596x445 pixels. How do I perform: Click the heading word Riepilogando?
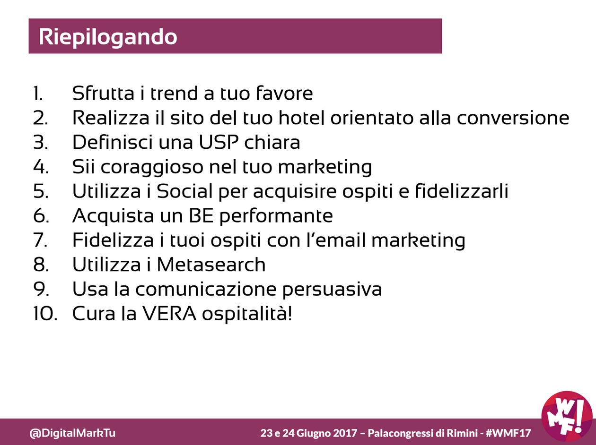tap(108, 37)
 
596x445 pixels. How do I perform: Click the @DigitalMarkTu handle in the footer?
tap(72, 433)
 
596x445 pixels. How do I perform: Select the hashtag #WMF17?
tap(508, 433)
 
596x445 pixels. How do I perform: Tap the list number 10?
tap(45, 314)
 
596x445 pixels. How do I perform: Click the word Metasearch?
tap(211, 265)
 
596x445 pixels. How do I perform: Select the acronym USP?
tap(219, 142)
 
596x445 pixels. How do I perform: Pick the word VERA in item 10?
tap(169, 314)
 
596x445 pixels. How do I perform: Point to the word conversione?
tap(513, 118)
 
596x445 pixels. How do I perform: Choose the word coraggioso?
tap(152, 167)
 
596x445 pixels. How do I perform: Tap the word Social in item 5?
tap(184, 191)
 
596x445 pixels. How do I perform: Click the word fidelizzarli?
tap(462, 191)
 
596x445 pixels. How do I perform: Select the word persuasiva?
tap(332, 290)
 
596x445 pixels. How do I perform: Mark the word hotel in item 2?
tap(301, 118)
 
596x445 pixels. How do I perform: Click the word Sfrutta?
tap(103, 93)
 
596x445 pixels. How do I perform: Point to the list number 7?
tap(41, 240)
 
